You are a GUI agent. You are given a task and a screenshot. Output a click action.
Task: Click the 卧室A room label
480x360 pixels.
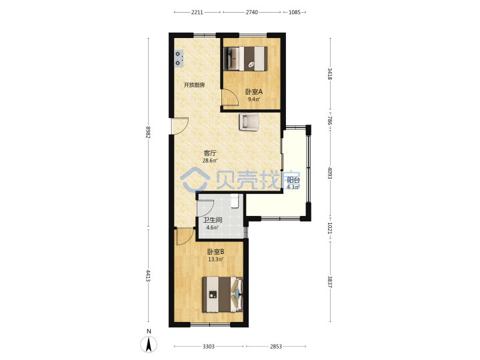click(x=254, y=91)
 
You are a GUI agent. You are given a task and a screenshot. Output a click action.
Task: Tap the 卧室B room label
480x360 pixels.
click(x=216, y=252)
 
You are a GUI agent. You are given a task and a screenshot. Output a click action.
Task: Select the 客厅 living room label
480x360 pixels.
click(x=210, y=153)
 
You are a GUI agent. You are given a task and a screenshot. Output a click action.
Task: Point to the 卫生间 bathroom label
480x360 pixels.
click(x=213, y=220)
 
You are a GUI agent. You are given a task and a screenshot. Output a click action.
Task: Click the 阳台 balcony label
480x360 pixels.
click(x=293, y=180)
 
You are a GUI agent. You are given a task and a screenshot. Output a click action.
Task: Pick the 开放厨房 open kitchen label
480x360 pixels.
click(x=194, y=85)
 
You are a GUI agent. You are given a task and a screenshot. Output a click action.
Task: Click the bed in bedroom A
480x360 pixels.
click(x=245, y=59)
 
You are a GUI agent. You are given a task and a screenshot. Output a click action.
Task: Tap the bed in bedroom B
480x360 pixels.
click(x=223, y=295)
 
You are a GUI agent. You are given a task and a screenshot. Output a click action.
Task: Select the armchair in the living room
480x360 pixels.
click(x=249, y=122)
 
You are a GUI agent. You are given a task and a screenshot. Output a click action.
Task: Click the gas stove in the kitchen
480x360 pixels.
click(x=179, y=59)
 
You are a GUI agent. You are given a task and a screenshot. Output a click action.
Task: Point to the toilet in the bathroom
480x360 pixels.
click(x=235, y=201)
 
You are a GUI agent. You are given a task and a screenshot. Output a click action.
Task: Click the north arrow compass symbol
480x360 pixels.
click(x=149, y=344)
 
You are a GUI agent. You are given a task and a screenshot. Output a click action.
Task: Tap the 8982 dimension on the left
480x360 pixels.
click(x=148, y=132)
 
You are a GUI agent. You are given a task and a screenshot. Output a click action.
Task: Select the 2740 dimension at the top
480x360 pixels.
click(x=251, y=12)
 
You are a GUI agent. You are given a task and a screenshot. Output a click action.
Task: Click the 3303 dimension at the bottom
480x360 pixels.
click(x=209, y=346)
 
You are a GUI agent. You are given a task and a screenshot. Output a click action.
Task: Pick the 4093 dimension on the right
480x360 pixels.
click(x=330, y=173)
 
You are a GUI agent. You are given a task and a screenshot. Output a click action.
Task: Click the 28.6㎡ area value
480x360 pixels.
click(x=210, y=161)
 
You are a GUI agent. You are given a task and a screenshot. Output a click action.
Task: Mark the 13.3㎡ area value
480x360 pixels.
click(x=216, y=259)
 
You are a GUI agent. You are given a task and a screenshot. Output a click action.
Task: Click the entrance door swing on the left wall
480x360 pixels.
click(x=180, y=126)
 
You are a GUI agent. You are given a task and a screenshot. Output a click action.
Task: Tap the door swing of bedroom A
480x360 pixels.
click(x=230, y=97)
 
